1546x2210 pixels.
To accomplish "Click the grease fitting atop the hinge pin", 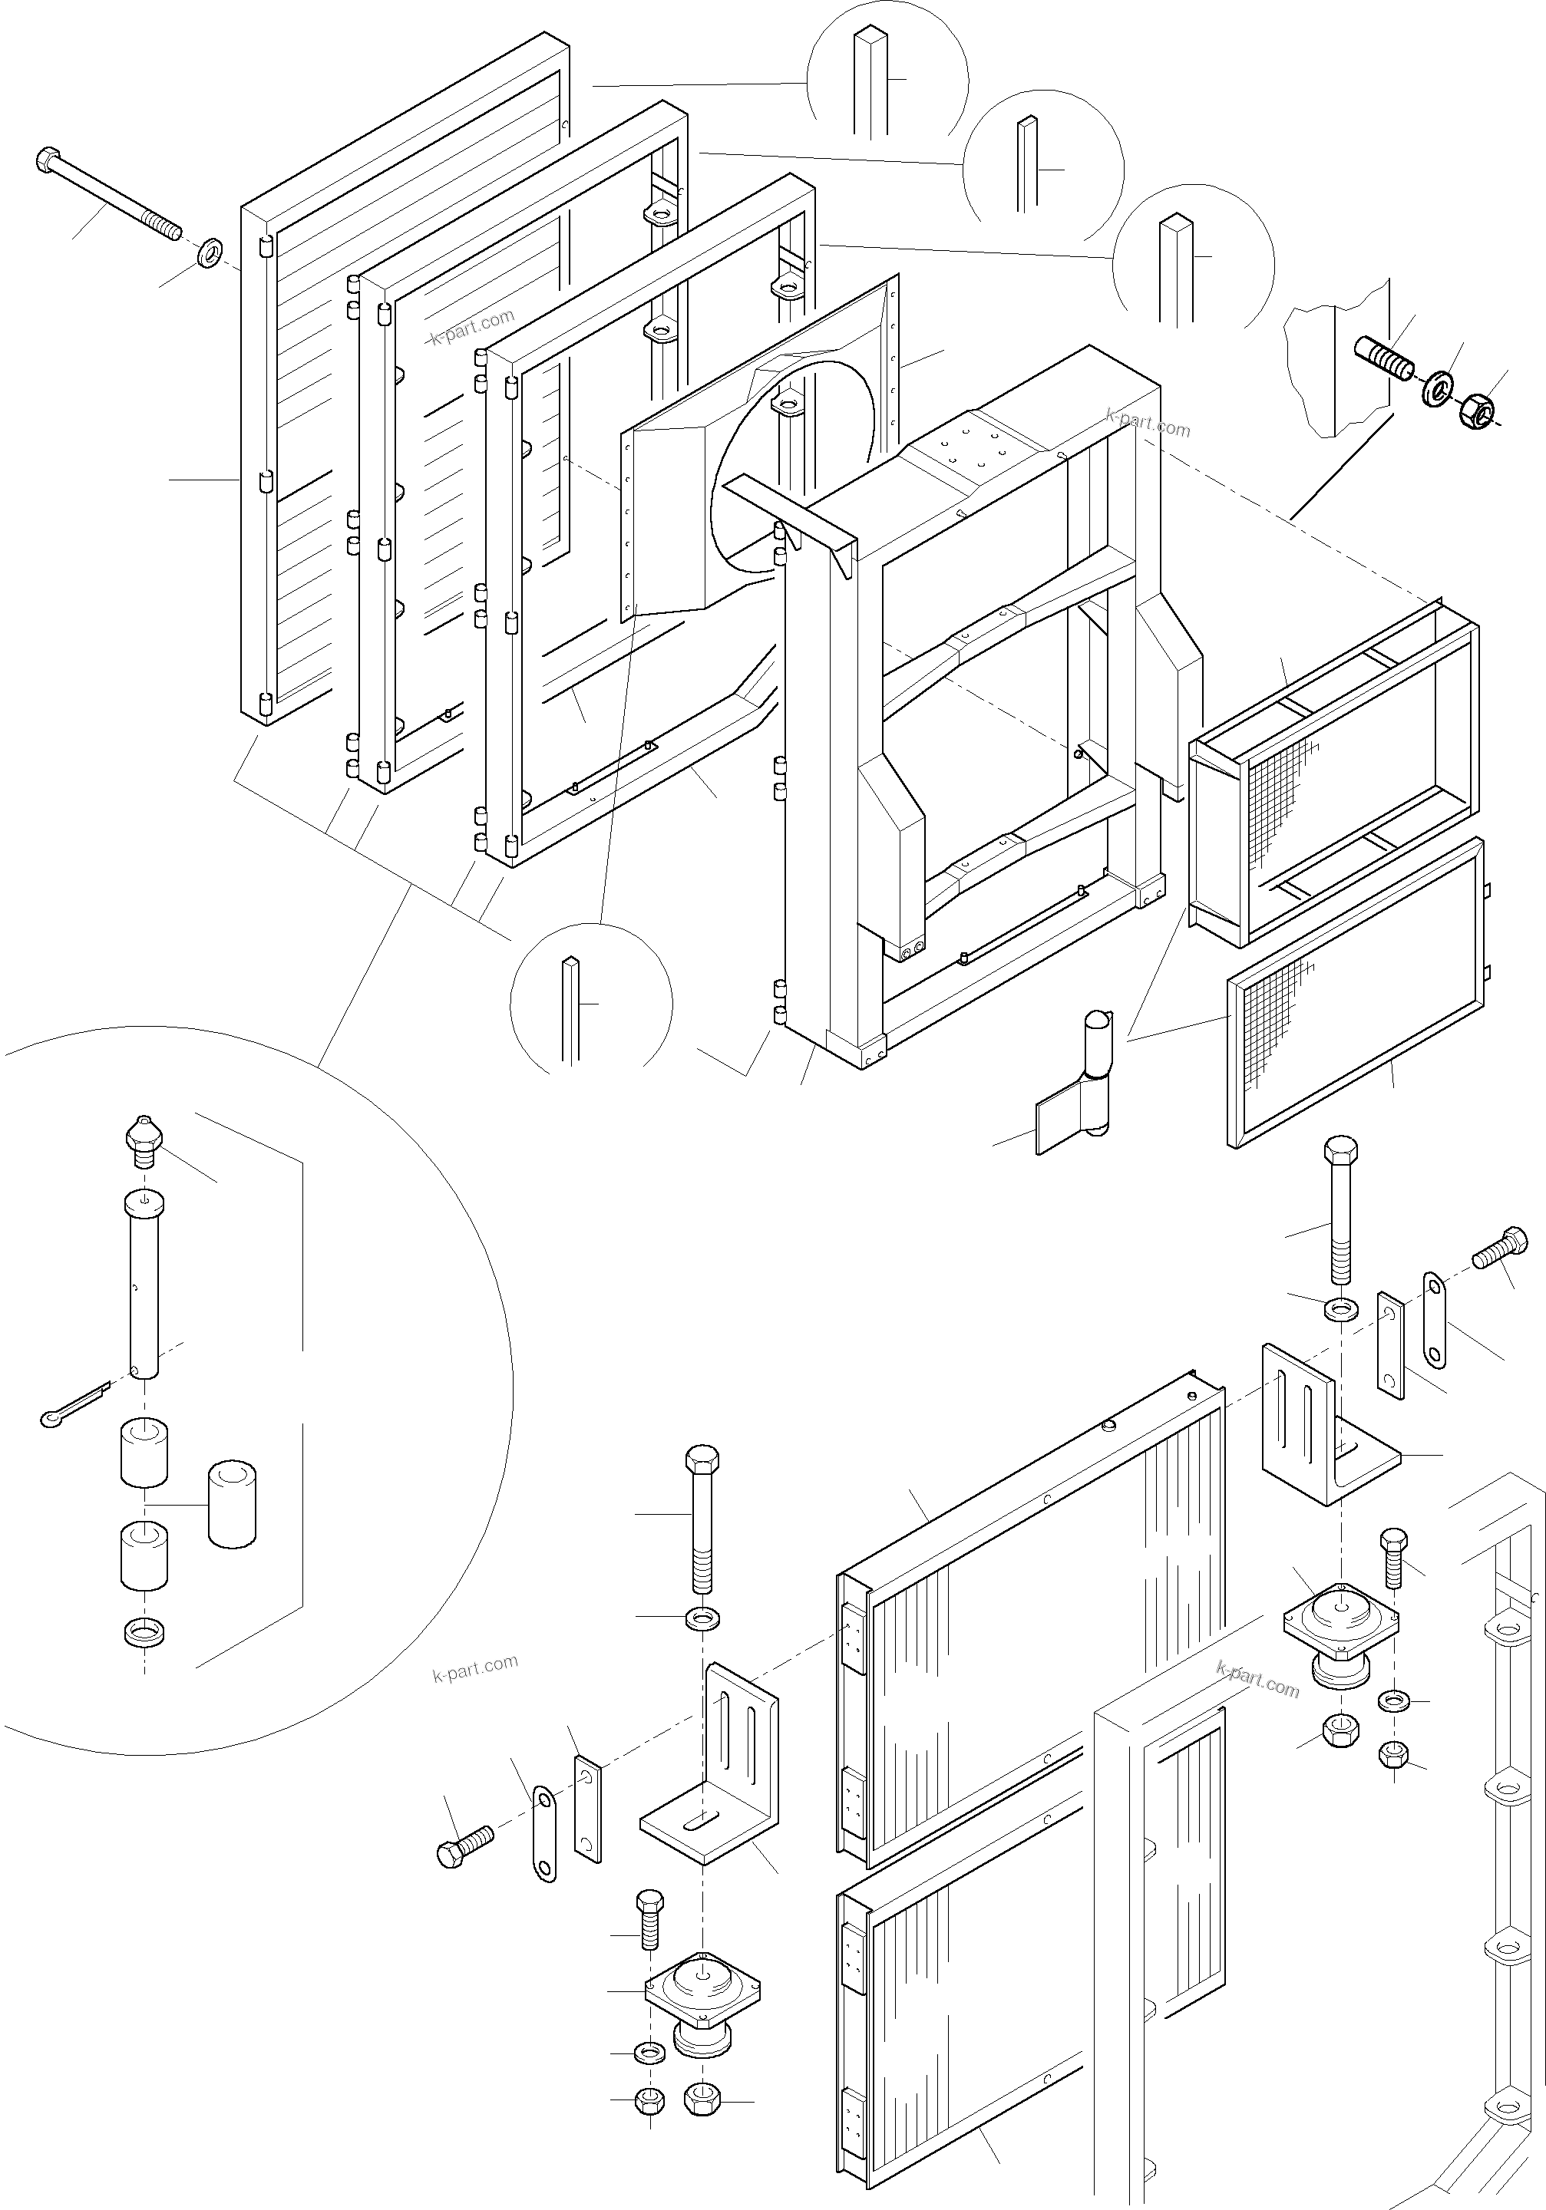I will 144,1138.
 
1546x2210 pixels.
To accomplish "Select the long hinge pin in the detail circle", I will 144,1285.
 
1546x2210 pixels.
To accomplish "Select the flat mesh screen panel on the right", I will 1357,991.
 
